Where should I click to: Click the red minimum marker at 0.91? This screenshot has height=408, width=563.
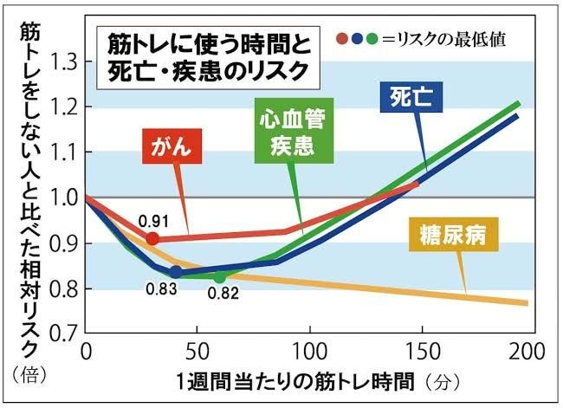(x=152, y=238)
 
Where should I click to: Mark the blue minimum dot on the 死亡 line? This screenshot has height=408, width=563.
(x=176, y=272)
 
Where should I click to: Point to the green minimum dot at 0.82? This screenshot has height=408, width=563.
(x=220, y=277)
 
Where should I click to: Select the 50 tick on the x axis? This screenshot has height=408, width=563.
(x=197, y=353)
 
